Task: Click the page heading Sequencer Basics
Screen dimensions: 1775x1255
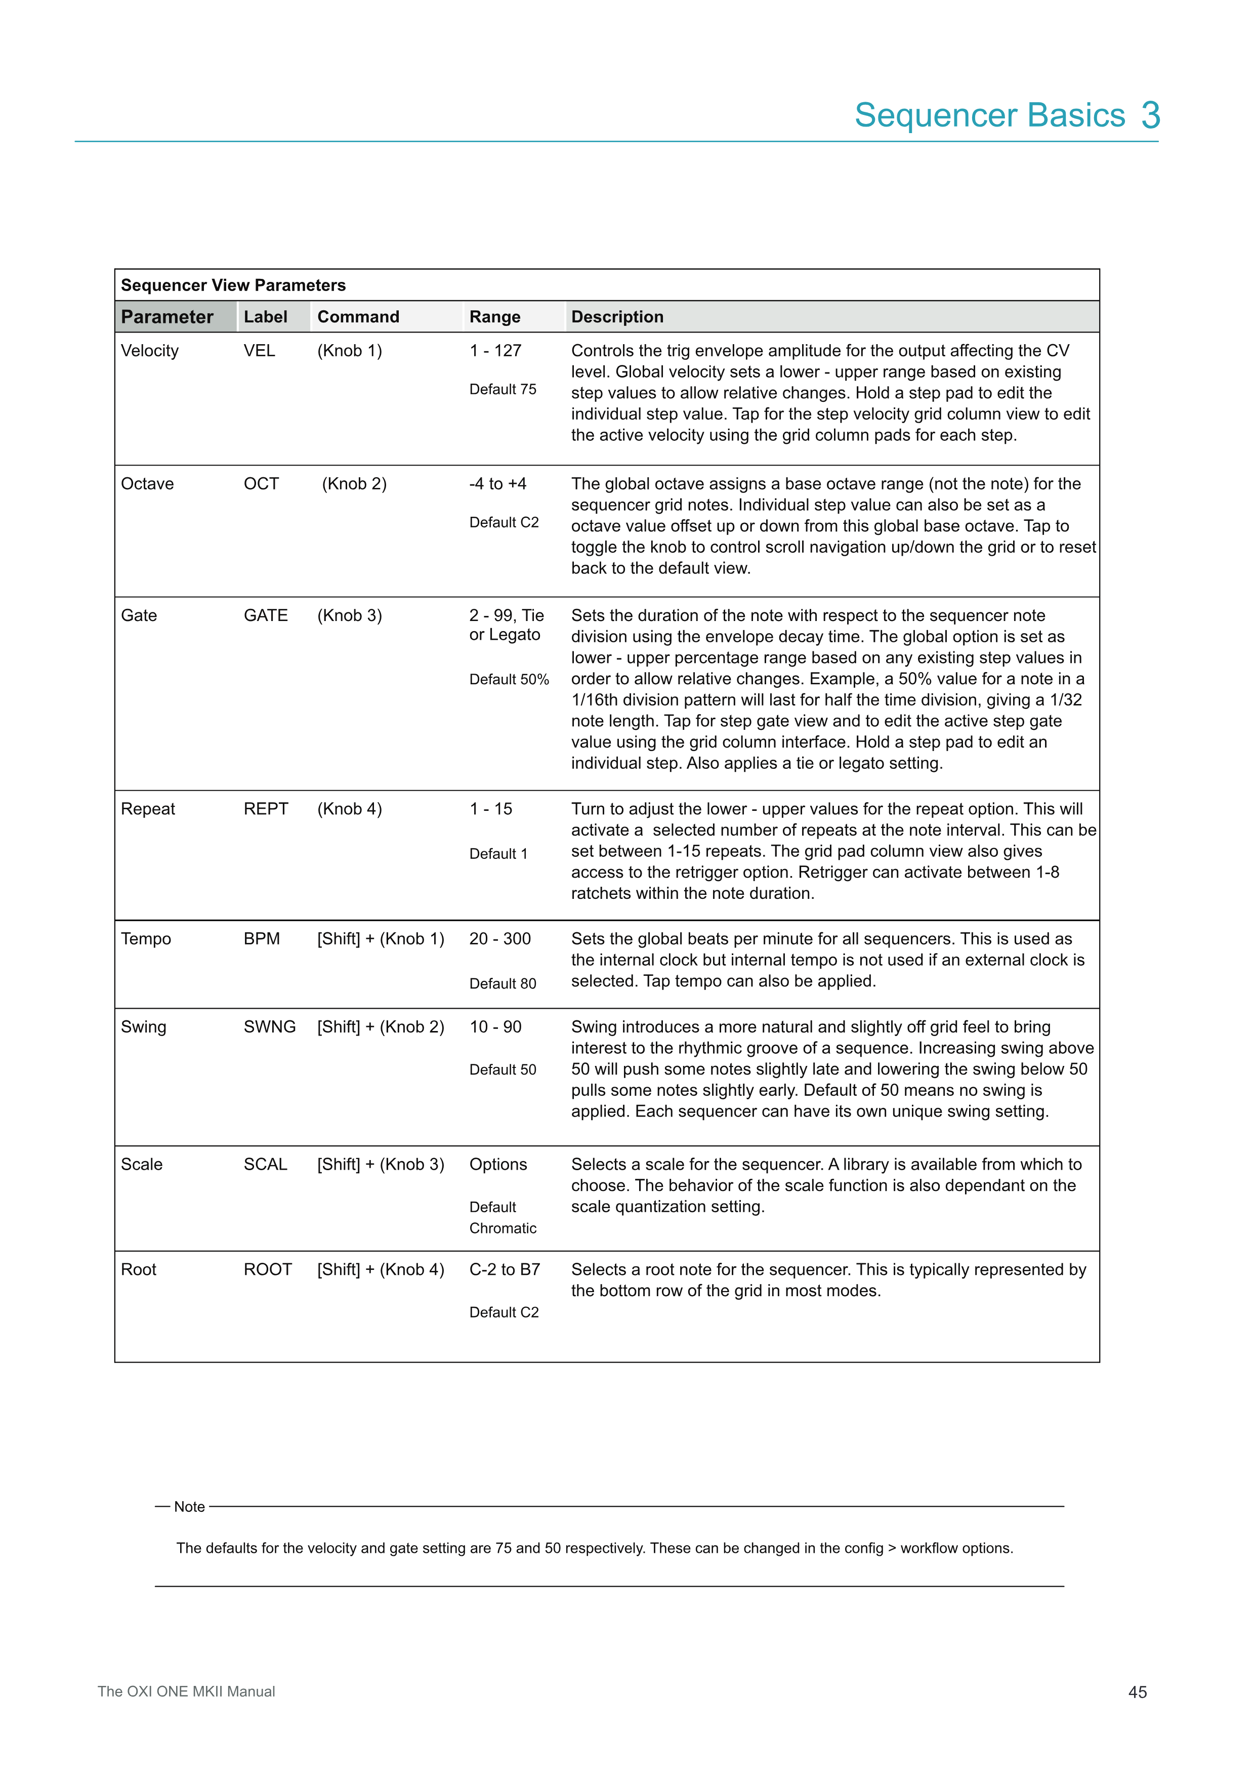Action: pos(989,115)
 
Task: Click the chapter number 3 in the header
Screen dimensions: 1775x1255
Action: pos(1151,115)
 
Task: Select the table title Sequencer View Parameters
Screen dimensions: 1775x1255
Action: pos(233,285)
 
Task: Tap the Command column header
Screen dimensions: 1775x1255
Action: pos(358,317)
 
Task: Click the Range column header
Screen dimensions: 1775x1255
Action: pos(494,317)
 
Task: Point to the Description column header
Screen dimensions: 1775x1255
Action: pos(617,317)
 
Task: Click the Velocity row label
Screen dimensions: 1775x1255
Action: pos(150,351)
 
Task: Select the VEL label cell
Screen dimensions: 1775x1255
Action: pos(259,351)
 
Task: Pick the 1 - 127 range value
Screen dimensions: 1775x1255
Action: pos(495,351)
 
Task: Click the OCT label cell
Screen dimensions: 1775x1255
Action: pos(261,484)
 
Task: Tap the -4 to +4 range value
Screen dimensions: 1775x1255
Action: pos(497,484)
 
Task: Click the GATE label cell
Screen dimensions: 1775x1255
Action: pos(265,615)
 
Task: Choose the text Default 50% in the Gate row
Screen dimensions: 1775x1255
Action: pos(509,680)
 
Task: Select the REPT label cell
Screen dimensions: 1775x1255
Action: pos(265,809)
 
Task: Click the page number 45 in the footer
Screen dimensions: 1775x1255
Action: pos(1138,1693)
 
